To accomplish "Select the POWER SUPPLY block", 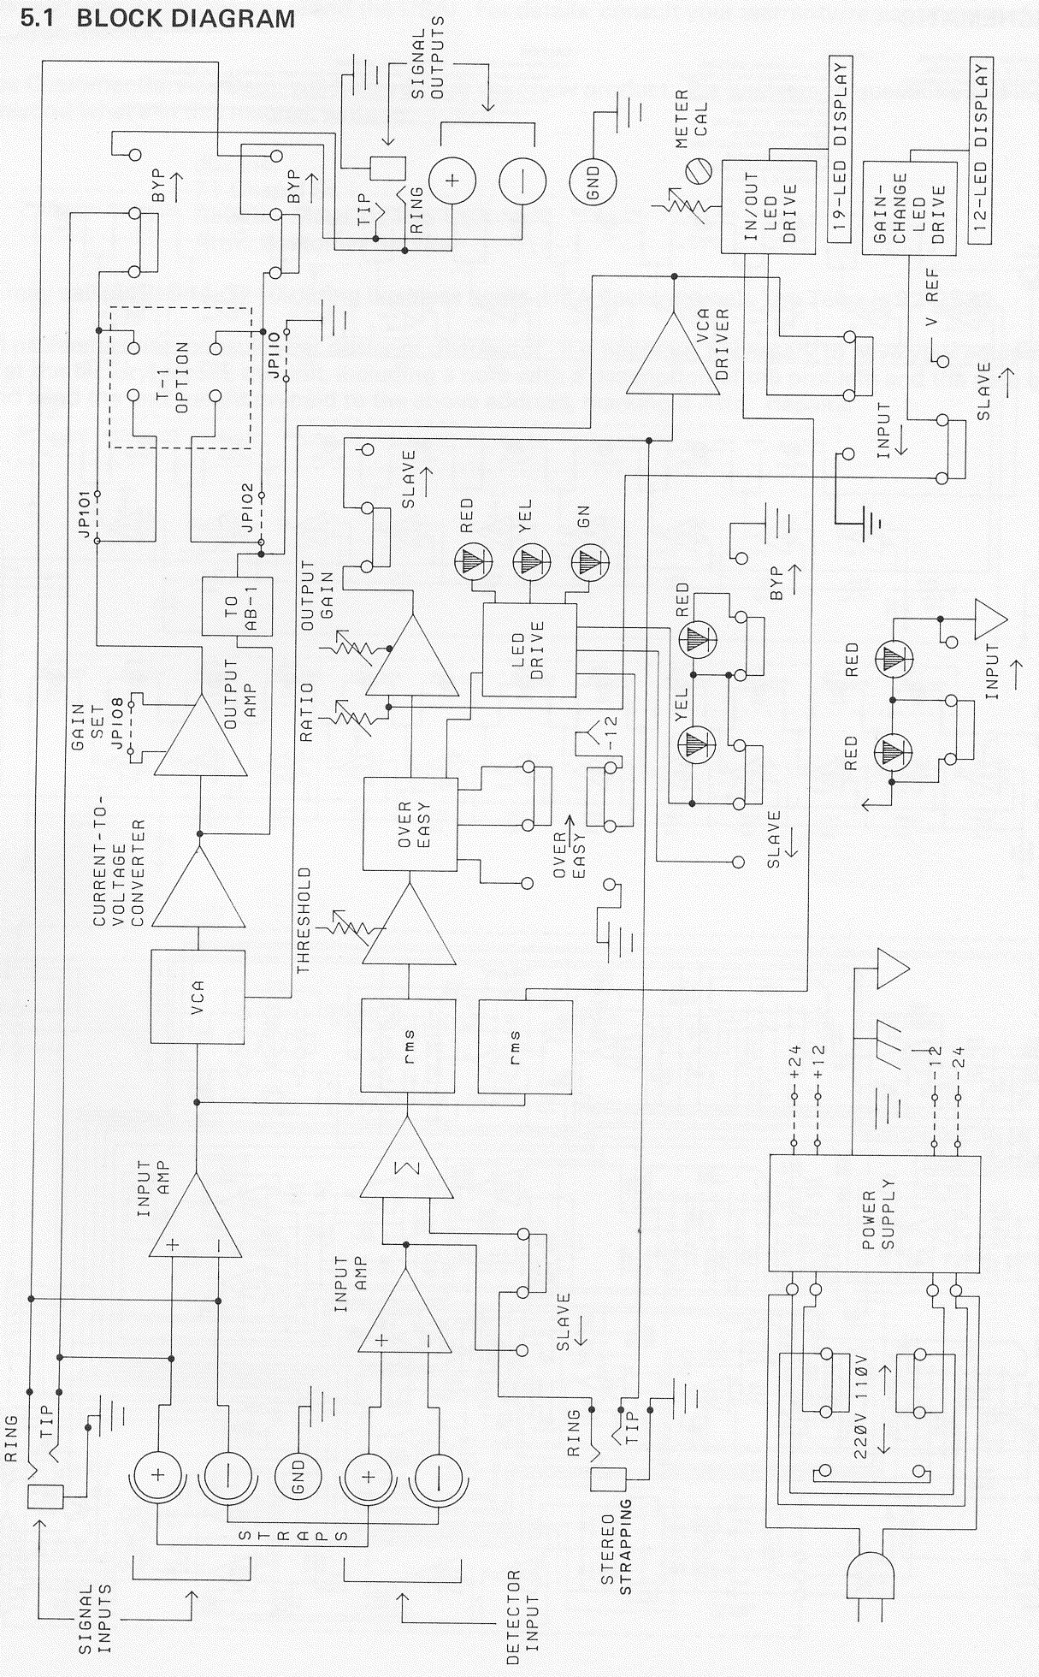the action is point(875,1214).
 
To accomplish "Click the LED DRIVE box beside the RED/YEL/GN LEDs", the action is point(529,649).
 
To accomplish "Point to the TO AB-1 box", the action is point(237,606).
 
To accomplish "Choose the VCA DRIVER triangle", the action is point(673,349).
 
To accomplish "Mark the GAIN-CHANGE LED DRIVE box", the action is point(908,207).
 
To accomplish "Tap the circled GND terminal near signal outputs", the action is point(593,181).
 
